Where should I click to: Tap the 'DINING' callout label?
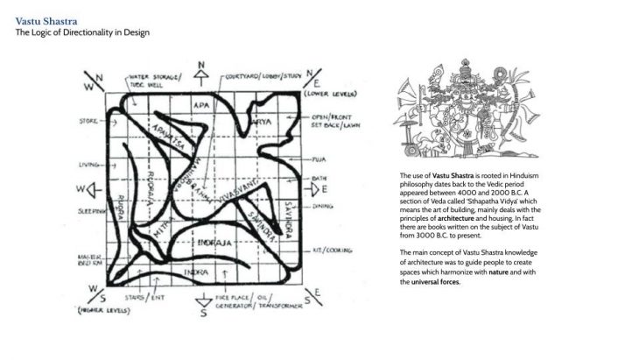click(323, 207)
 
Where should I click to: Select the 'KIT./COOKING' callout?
click(336, 251)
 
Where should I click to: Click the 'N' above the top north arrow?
click(203, 65)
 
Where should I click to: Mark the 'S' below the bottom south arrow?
click(203, 317)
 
